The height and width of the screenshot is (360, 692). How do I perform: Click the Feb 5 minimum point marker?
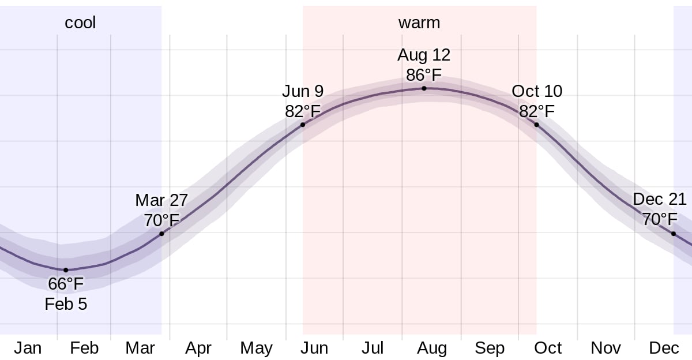pos(66,270)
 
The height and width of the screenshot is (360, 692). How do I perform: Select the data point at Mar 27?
pos(161,234)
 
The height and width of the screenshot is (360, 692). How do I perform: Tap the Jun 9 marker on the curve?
pos(303,125)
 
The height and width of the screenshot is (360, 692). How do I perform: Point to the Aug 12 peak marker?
pos(424,88)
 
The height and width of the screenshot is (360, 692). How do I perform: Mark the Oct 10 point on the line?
pos(536,125)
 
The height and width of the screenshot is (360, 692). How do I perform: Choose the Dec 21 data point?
pos(673,234)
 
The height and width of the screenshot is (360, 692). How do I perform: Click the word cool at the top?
pos(80,22)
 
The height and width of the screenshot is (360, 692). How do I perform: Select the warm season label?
pos(419,22)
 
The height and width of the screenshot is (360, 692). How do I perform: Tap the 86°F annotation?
pos(424,75)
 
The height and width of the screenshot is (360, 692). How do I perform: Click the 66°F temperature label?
pos(66,284)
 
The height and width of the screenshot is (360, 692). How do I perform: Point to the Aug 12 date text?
pos(424,55)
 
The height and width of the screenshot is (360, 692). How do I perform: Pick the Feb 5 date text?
pos(66,304)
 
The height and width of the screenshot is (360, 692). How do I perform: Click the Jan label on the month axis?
pos(28,348)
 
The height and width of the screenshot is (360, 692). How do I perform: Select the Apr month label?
pos(198,348)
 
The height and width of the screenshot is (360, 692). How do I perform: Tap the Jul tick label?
pos(373,348)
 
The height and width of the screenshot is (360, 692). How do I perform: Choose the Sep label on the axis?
pos(490,348)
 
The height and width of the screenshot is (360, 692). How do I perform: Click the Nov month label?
pos(605,348)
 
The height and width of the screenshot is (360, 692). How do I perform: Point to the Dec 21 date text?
pos(660,200)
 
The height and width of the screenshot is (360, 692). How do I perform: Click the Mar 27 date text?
pos(161,200)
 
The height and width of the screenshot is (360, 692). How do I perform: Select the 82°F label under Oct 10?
pos(537,111)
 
